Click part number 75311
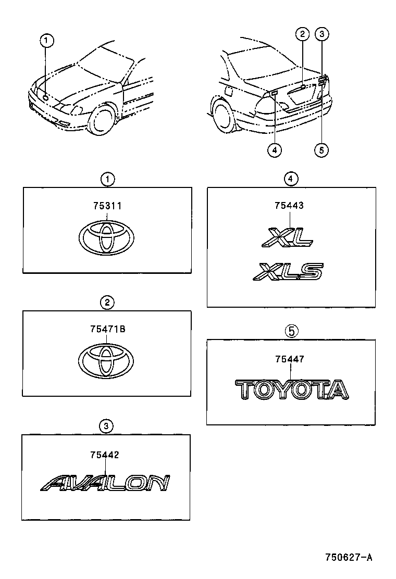(107, 206)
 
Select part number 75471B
(107, 329)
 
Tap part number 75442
(105, 455)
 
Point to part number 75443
(289, 206)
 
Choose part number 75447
(290, 359)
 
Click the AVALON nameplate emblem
(105, 483)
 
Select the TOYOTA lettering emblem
(291, 389)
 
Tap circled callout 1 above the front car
(46, 40)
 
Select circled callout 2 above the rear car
(302, 35)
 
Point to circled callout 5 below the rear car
(321, 150)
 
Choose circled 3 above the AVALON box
(106, 426)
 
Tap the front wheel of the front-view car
(101, 119)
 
